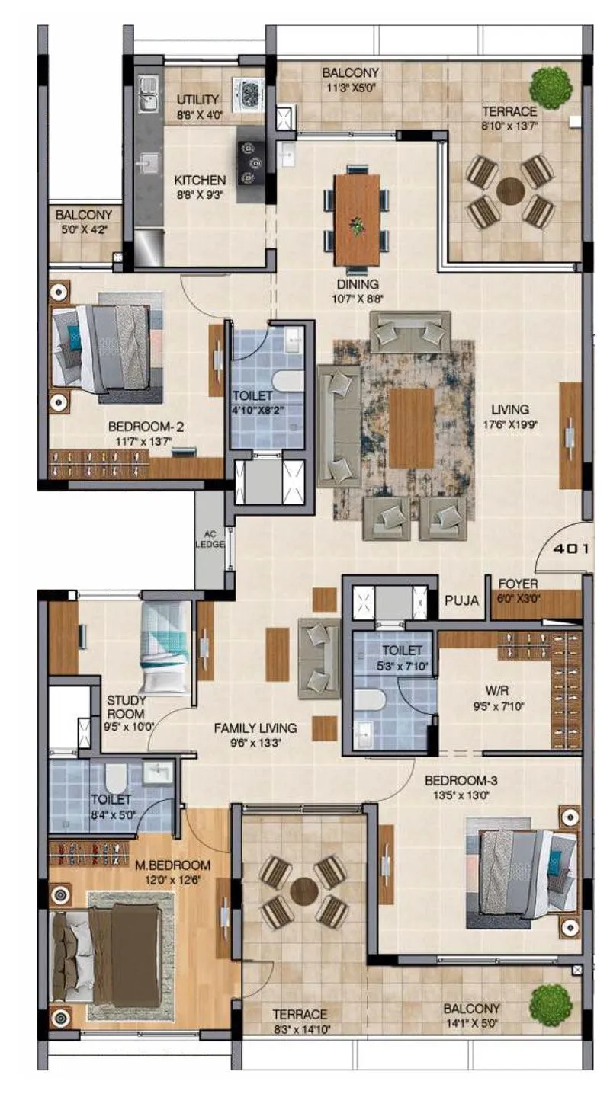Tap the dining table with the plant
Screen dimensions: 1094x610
[x=357, y=220]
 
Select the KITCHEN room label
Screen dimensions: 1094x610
[x=200, y=181]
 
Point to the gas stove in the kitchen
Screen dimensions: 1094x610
[x=250, y=164]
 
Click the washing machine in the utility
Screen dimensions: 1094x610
[x=249, y=94]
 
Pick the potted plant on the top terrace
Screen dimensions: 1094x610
[x=551, y=88]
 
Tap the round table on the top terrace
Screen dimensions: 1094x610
[x=510, y=190]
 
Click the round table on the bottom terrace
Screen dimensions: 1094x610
[x=303, y=891]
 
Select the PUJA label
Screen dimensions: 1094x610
[x=463, y=600]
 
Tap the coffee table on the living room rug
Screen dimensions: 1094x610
[x=411, y=428]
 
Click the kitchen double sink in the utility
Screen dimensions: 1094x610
[x=148, y=91]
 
